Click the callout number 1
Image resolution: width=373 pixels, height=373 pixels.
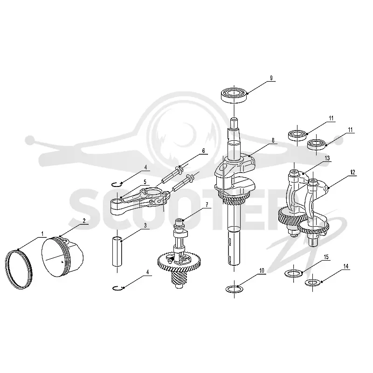pyautogui.click(x=42, y=234)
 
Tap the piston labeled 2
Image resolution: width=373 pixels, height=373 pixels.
pyautogui.click(x=62, y=257)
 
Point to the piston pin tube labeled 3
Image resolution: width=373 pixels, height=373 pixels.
pyautogui.click(x=117, y=251)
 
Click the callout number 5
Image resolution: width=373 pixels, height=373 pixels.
pyautogui.click(x=145, y=182)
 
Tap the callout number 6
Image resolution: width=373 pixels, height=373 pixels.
pyautogui.click(x=203, y=151)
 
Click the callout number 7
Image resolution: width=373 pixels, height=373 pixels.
pyautogui.click(x=207, y=205)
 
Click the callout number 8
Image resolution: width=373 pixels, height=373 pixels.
pyautogui.click(x=273, y=140)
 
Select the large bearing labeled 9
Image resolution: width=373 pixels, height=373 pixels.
pyautogui.click(x=234, y=96)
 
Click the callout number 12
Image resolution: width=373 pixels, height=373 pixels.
pyautogui.click(x=352, y=172)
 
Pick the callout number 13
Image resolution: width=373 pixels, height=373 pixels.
pyautogui.click(x=327, y=158)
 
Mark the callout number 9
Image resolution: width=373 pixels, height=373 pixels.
pyautogui.click(x=271, y=78)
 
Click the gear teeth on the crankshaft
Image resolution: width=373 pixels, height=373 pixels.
pyautogui.click(x=234, y=200)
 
